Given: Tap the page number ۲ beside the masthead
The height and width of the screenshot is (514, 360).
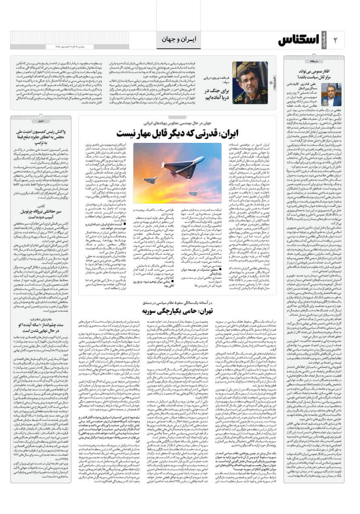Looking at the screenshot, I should coord(336,40).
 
